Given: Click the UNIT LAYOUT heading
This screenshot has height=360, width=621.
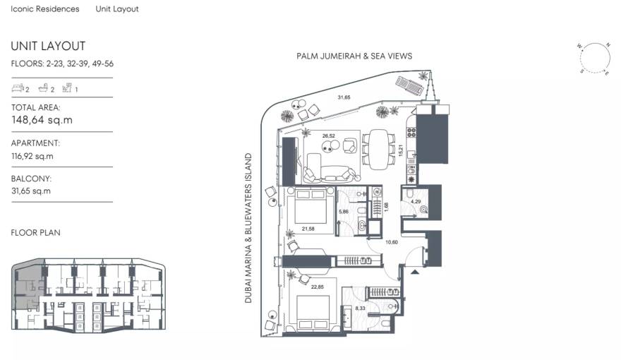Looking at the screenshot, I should [x=48, y=46].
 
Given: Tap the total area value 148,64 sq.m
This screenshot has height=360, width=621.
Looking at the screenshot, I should [x=42, y=120].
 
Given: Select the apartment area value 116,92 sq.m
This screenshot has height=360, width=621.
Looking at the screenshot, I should [x=32, y=156].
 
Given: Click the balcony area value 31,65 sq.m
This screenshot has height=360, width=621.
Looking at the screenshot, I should [x=30, y=191].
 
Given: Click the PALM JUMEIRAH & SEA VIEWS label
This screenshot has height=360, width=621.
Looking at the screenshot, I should [x=356, y=56].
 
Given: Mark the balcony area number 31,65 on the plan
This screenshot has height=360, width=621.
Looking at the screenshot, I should [x=344, y=97].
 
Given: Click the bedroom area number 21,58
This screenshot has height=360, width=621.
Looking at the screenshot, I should [x=307, y=229].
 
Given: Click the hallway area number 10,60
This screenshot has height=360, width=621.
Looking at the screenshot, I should [x=392, y=243].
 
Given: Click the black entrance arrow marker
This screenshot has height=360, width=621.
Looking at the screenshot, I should [x=414, y=269].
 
